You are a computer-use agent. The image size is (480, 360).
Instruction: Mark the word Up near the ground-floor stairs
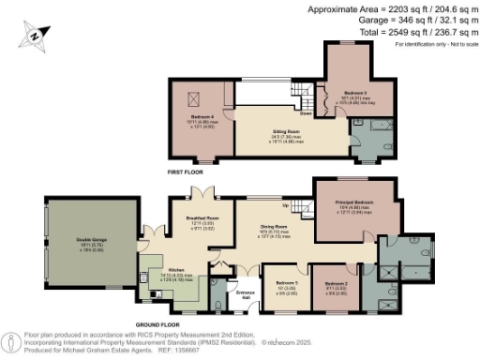coord(285,206)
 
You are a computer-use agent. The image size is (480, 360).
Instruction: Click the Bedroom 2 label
coord(336,283)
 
